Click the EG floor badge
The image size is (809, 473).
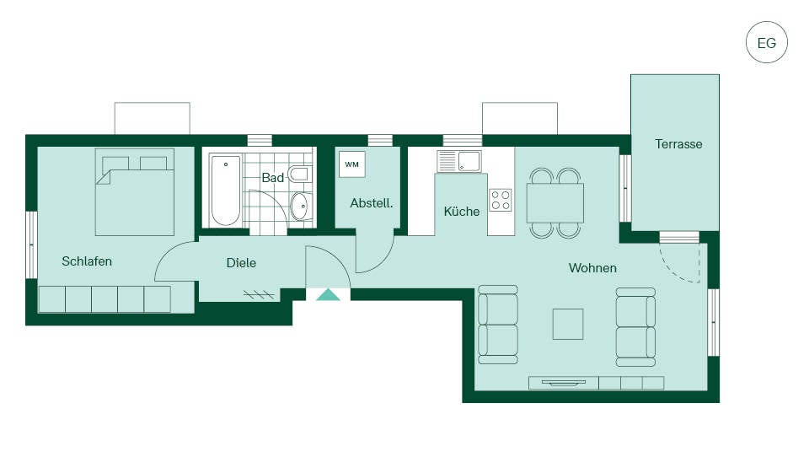[766, 42]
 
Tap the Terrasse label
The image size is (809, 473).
[678, 144]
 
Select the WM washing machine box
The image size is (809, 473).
[352, 164]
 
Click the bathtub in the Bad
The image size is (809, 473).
[226, 191]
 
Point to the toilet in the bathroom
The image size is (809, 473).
[300, 174]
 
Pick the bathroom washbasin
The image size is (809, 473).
[301, 207]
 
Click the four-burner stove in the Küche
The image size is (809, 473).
[501, 200]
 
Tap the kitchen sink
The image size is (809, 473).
[458, 161]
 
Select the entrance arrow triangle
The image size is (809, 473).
[328, 295]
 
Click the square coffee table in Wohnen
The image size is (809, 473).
[568, 325]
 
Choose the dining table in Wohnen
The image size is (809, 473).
[555, 203]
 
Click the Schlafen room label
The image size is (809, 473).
[87, 261]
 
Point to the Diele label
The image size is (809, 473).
[241, 263]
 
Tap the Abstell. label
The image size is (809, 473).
[372, 203]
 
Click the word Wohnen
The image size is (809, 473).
[592, 268]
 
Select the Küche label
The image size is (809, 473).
[462, 211]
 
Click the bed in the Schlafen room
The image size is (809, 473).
[135, 192]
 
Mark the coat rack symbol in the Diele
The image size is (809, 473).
[259, 295]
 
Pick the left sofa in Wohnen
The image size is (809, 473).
[498, 325]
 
